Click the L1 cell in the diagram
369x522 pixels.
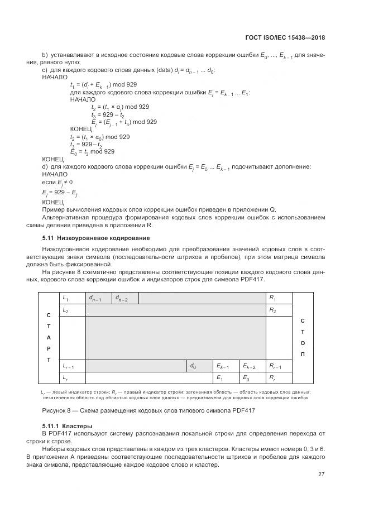click(71, 299)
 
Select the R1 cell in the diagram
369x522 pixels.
click(279, 299)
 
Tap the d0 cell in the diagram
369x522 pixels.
click(199, 366)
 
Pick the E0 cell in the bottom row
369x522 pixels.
click(252, 379)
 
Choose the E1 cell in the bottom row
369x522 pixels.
click(226, 379)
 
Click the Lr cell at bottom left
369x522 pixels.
click(71, 379)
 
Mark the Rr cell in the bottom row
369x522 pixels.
click(279, 379)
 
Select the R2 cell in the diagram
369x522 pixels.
click(279, 310)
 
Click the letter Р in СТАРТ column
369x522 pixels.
click(48, 348)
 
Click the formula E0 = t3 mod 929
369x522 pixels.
click(92, 151)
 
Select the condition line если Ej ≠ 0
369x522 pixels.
click(57, 182)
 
